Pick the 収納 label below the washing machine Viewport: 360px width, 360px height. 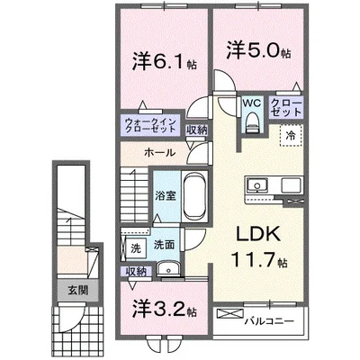136,271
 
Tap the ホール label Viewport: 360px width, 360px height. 158,153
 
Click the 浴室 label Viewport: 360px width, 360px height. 164,193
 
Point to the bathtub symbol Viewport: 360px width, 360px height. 194,193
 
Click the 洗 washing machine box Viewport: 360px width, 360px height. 134,245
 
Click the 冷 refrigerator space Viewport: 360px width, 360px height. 292,135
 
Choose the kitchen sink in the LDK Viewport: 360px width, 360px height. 256,187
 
